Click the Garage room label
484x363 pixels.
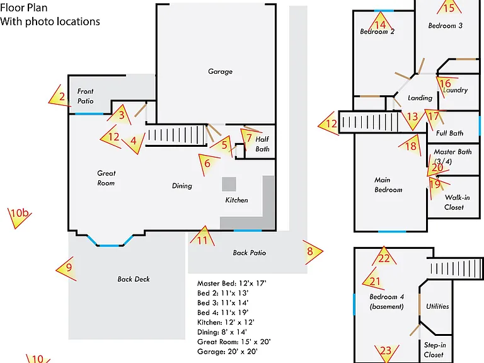tap(220, 72)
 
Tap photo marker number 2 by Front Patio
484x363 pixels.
tap(60, 96)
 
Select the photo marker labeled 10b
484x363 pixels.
tap(19, 216)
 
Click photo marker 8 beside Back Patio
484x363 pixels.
tap(313, 252)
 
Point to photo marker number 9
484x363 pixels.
tap(67, 268)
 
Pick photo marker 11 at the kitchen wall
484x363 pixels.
tap(202, 238)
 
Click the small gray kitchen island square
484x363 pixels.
tap(229, 184)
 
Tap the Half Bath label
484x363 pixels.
tap(262, 144)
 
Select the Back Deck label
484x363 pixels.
tap(134, 279)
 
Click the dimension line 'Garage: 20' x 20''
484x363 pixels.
tap(227, 352)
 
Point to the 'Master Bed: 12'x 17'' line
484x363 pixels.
tap(231, 284)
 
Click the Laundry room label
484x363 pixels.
tap(456, 90)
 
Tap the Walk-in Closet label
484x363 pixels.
tap(456, 202)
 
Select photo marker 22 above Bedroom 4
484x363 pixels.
tap(384, 257)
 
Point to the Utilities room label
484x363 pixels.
tap(437, 306)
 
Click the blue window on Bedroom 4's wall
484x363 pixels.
tap(354, 304)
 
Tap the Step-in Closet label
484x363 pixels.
tap(435, 350)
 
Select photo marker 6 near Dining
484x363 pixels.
tap(208, 163)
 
